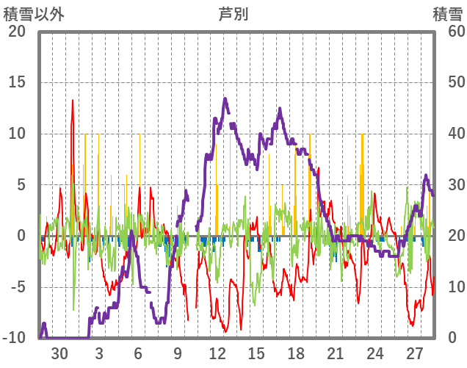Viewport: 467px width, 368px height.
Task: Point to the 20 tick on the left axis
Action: coord(17,32)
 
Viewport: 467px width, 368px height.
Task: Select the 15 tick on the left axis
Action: coord(17,82)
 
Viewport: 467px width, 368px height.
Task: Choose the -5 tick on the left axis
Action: coord(17,287)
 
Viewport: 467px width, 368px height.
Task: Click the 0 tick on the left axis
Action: coord(21,236)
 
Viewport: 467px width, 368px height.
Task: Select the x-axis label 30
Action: coord(59,352)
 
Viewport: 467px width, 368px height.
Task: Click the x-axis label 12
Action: coord(217,352)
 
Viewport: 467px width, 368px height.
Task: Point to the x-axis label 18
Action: coord(296,352)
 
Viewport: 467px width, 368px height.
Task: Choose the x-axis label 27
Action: coord(415,352)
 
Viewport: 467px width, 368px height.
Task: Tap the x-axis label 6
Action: coord(138,352)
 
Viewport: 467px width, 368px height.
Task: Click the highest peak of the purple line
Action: coord(225,98)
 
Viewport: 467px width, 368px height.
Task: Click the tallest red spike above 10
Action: coord(73,101)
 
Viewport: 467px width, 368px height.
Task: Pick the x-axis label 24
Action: coord(375,352)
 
